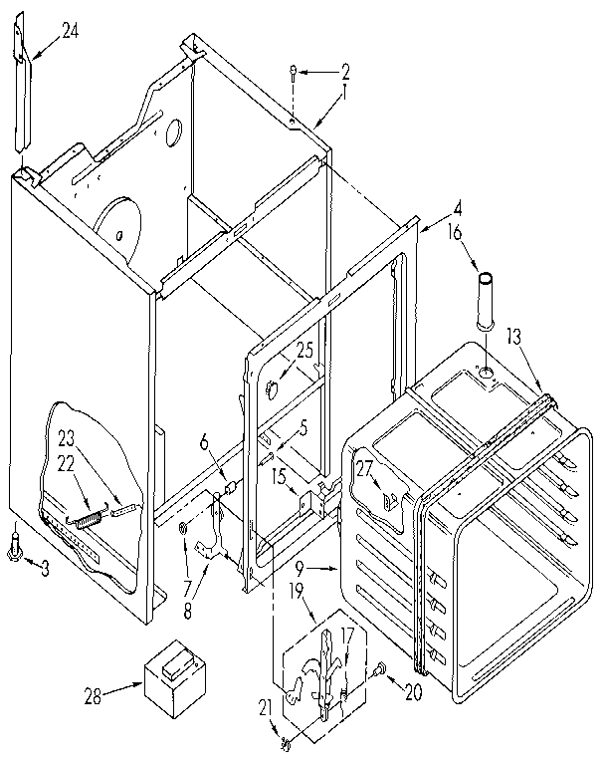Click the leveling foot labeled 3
[x=17, y=544]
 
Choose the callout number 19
[x=297, y=589]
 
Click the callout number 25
[x=303, y=351]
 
